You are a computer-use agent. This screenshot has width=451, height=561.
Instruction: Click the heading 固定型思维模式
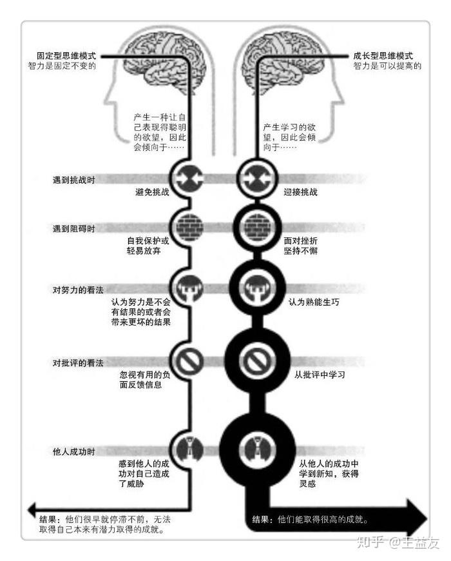pos(65,56)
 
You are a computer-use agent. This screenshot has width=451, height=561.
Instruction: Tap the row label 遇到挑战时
pos(73,179)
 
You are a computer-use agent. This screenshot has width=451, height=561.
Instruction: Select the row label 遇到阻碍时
pos(73,229)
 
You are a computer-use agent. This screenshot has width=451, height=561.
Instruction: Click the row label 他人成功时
pos(73,451)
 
